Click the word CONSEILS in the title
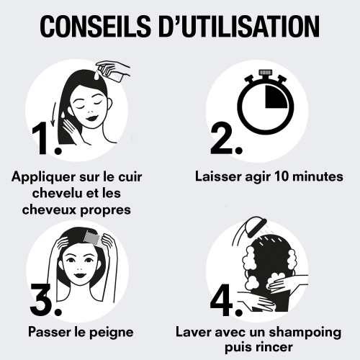(96, 26)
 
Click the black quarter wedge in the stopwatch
(276, 96)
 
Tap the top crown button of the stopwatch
(265, 72)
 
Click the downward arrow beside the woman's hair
(54, 114)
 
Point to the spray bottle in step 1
(112, 71)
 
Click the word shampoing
(305, 333)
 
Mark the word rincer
(275, 348)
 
